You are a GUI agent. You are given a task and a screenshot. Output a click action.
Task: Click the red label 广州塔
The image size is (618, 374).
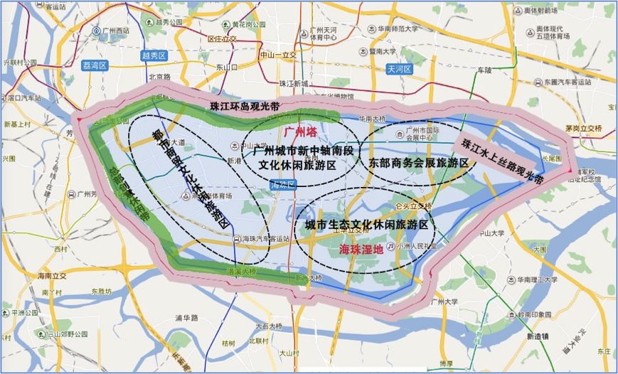click(299, 132)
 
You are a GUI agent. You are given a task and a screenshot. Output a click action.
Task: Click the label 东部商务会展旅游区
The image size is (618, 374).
click(419, 162)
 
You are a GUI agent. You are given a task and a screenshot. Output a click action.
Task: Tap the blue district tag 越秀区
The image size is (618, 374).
click(154, 55)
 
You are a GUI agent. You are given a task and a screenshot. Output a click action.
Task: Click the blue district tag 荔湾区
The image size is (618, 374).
click(94, 65)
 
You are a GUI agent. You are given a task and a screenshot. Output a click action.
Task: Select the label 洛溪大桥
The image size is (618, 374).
click(240, 272)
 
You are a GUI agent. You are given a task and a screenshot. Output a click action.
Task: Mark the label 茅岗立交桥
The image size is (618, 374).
click(582, 128)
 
